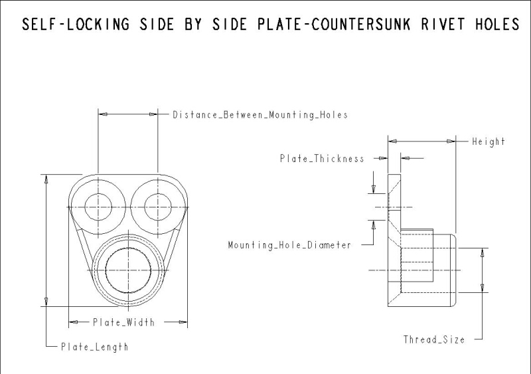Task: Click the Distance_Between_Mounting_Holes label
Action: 260,115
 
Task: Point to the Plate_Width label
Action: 123,322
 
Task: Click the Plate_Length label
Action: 94,347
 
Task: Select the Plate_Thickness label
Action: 322,159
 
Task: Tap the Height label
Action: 489,141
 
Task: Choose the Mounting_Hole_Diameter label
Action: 289,245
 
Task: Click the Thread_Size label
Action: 434,339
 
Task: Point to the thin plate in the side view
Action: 394,199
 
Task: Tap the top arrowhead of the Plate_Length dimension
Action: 46,179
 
